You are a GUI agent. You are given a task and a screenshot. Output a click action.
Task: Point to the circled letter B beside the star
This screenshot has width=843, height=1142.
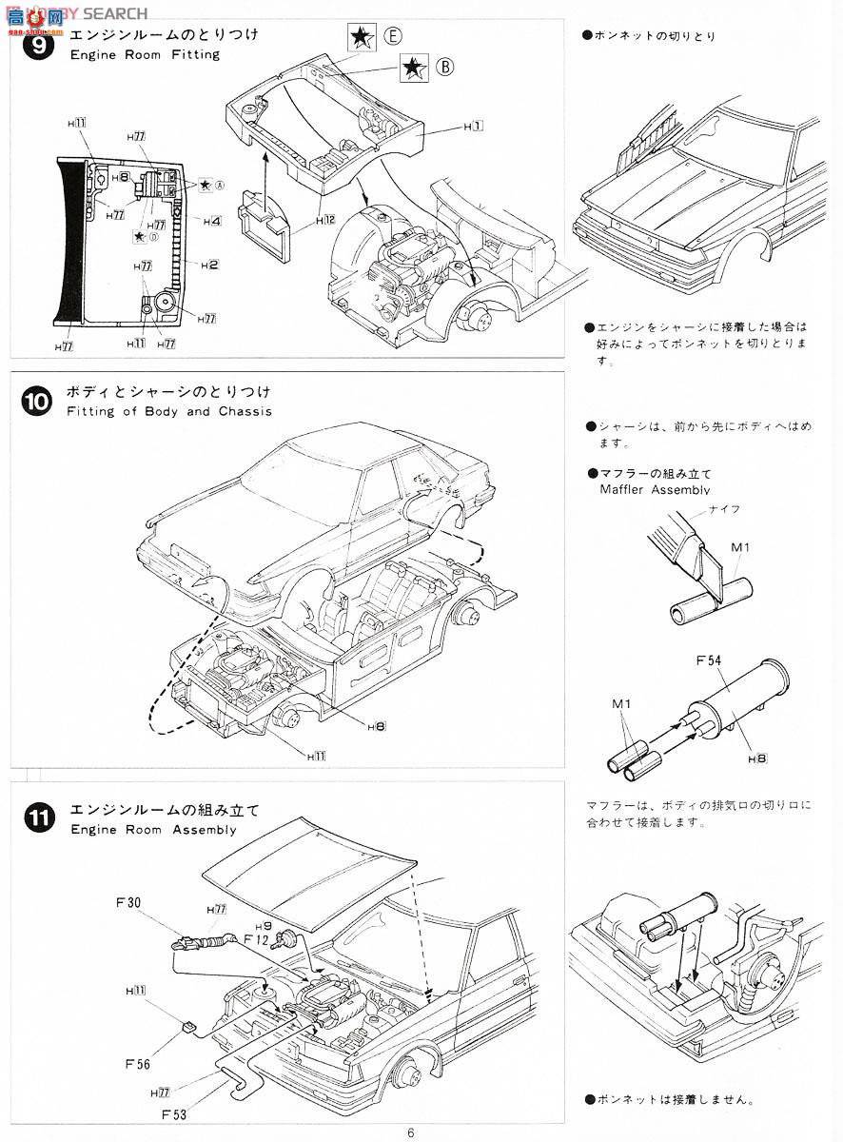[444, 67]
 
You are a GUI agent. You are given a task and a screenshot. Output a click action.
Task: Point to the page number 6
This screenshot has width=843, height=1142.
[410, 1132]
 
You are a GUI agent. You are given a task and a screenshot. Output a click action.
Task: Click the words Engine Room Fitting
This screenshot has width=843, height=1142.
[145, 54]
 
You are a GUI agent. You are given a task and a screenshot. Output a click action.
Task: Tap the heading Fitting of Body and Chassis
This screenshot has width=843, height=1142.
[170, 411]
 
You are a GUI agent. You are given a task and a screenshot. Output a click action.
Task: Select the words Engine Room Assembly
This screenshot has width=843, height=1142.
[153, 829]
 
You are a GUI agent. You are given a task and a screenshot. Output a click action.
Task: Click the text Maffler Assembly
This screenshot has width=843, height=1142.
[656, 489]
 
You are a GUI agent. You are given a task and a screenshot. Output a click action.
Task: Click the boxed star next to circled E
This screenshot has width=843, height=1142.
[362, 38]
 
